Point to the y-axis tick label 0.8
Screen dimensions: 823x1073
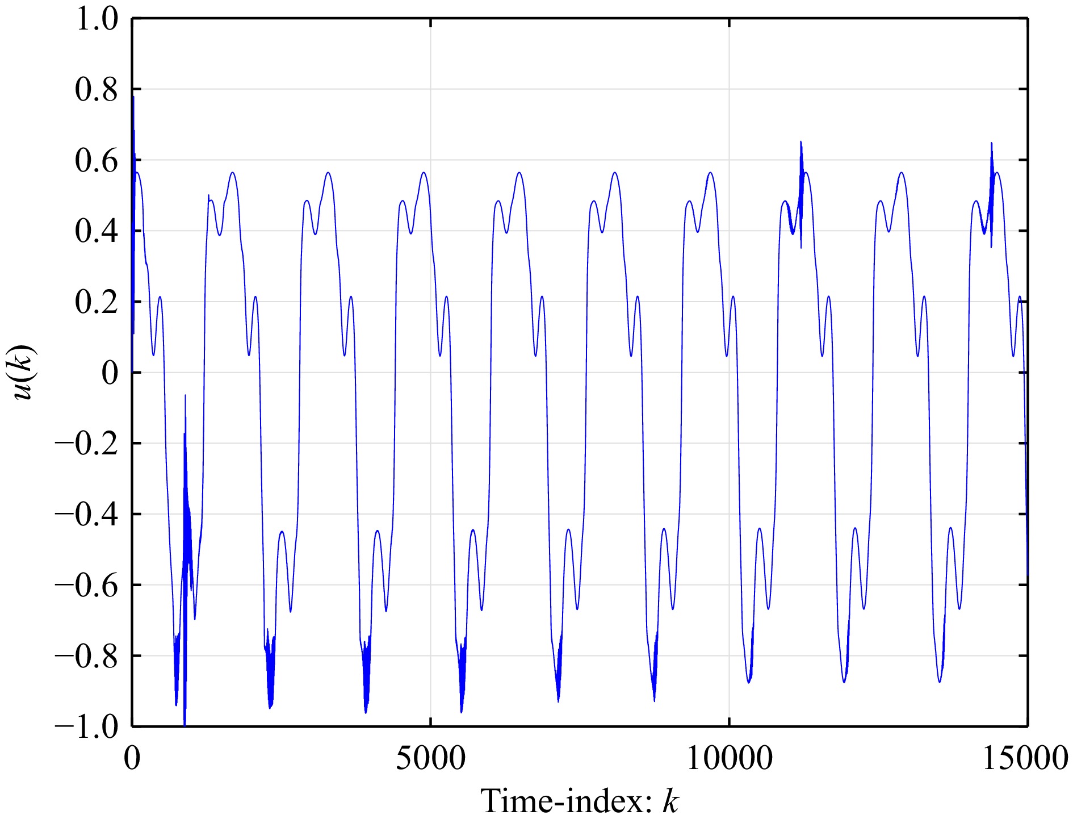click(x=96, y=90)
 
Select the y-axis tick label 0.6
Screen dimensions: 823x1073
click(x=96, y=161)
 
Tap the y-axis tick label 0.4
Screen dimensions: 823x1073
click(x=96, y=231)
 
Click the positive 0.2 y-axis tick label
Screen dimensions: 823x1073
click(x=96, y=302)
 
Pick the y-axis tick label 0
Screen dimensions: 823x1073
click(x=110, y=373)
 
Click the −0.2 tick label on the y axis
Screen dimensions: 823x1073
click(x=86, y=444)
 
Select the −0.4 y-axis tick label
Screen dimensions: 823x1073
click(x=86, y=514)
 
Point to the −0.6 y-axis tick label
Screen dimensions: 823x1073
click(x=86, y=585)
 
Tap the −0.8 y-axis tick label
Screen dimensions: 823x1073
click(x=86, y=656)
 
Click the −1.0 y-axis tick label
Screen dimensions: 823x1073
click(x=86, y=726)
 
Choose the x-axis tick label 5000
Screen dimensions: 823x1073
click(x=430, y=758)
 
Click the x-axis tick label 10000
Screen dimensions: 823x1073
click(x=729, y=758)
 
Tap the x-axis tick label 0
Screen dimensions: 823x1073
click(x=132, y=758)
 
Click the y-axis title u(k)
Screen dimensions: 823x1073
click(x=24, y=372)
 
